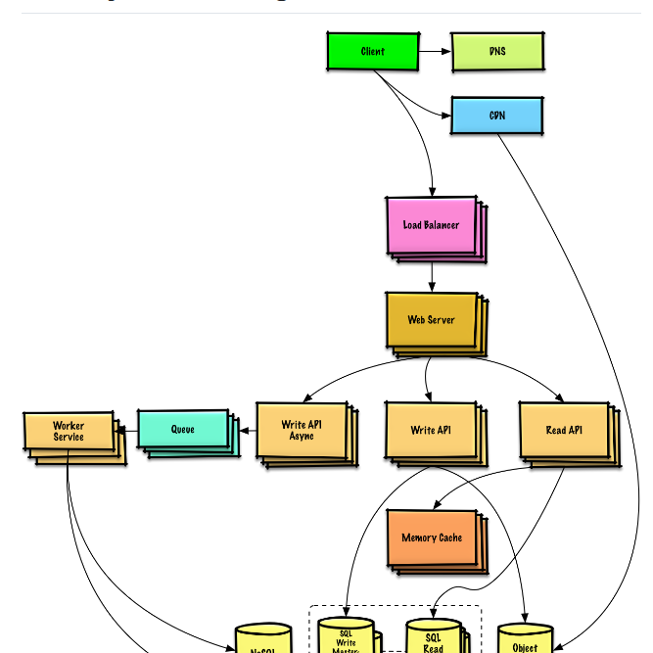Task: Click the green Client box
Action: (372, 51)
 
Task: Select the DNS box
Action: (496, 51)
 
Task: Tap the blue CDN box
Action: (496, 116)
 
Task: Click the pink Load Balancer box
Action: (431, 225)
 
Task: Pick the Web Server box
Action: (431, 319)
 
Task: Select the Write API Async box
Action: (301, 430)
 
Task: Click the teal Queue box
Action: (183, 429)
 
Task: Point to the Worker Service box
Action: (69, 432)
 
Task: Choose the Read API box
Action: (564, 430)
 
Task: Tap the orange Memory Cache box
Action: (432, 537)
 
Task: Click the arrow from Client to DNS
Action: (435, 51)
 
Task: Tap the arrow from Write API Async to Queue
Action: (247, 429)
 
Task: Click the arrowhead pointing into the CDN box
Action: (445, 116)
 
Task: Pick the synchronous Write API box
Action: (431, 430)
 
